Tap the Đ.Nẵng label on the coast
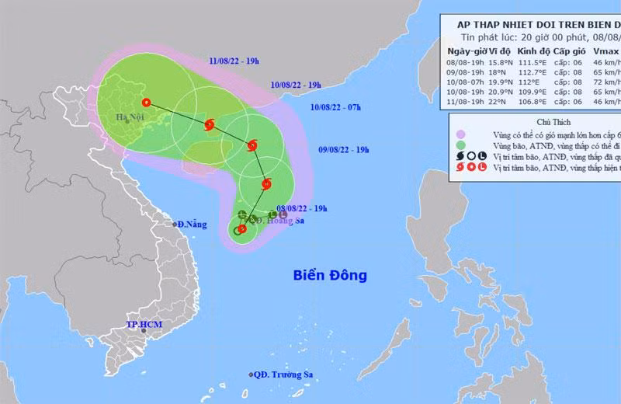[191, 224]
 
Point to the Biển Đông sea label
[329, 275]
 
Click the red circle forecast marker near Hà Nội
[146, 102]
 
